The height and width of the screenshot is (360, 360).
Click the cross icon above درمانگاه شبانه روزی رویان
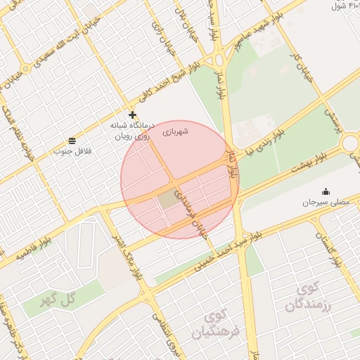point(132,115)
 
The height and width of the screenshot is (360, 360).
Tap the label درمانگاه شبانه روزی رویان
point(131,130)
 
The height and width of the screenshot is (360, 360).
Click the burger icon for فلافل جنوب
point(72,141)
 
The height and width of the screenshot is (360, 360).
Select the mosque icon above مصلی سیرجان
point(326,191)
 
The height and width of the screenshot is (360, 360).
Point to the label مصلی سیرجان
point(325,202)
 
